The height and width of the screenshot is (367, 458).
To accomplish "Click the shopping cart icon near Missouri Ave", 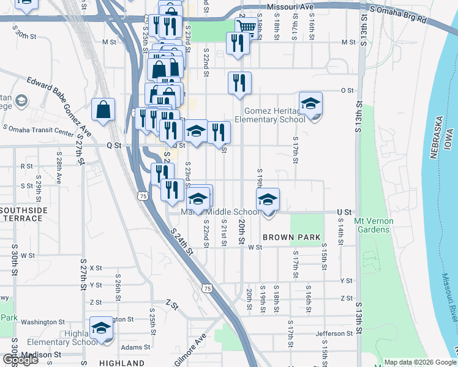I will coord(246,27).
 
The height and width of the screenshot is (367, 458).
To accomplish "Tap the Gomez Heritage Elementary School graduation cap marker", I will coord(310,104).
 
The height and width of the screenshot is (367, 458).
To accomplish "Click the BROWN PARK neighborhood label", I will coord(288,237).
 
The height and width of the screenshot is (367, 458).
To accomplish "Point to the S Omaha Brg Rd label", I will coord(398,14).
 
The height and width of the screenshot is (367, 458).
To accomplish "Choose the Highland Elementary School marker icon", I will coord(102,327).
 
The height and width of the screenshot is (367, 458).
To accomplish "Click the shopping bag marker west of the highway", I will coord(103,110).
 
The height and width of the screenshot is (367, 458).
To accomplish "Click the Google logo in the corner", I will coord(20,359).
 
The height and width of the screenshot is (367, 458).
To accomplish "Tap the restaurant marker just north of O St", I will coord(239,82).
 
